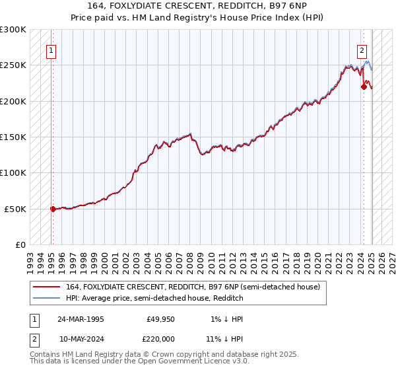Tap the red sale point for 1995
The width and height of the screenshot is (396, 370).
pos(53,209)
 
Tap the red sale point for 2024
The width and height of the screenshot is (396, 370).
pos(364,86)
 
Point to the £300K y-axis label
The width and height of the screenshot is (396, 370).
pos(13,30)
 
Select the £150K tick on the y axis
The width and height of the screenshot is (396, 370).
pos(13,137)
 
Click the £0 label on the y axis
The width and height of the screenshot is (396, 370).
pos(20,244)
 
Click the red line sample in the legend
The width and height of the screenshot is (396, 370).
pos(48,287)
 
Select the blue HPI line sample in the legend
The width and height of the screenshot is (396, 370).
pos(48,299)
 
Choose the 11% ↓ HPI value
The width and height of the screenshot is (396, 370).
pos(224,338)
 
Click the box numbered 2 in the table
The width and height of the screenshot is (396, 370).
pos(34,338)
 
